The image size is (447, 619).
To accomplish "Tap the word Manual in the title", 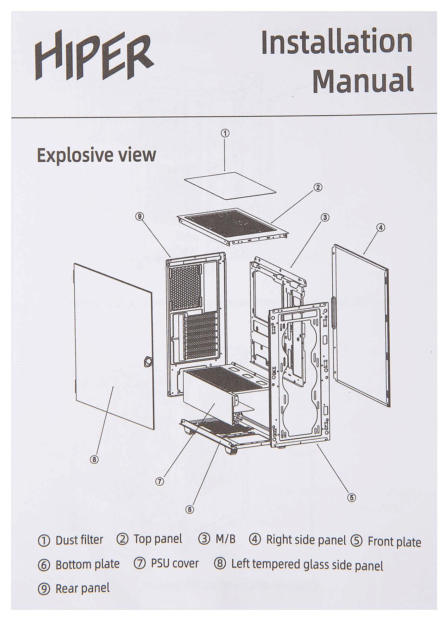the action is tap(363, 80).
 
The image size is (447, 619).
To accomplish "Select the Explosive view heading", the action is tap(96, 155).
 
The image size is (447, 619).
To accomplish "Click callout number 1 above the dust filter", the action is tap(225, 133).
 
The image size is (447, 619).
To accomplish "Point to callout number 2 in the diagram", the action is tap(317, 187).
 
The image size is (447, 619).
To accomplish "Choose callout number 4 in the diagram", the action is tap(381, 227).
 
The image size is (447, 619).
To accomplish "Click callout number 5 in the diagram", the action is tap(351, 497).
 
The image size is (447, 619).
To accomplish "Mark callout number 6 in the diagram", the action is tap(189, 509).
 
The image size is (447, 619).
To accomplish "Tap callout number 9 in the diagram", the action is tap(140, 217).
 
